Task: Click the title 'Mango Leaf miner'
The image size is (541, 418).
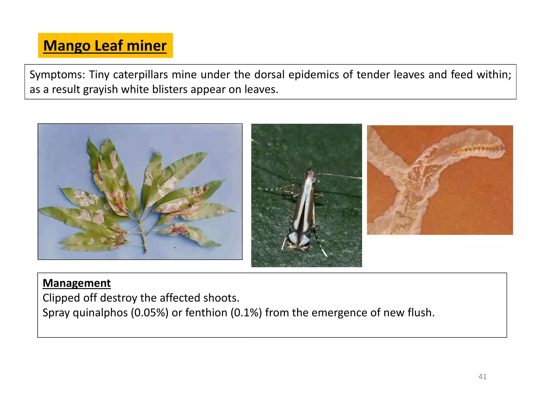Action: pos(105,46)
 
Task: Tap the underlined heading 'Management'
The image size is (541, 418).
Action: pos(77,283)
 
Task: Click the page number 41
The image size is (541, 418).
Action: pos(482,377)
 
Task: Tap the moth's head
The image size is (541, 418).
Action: pos(311,174)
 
